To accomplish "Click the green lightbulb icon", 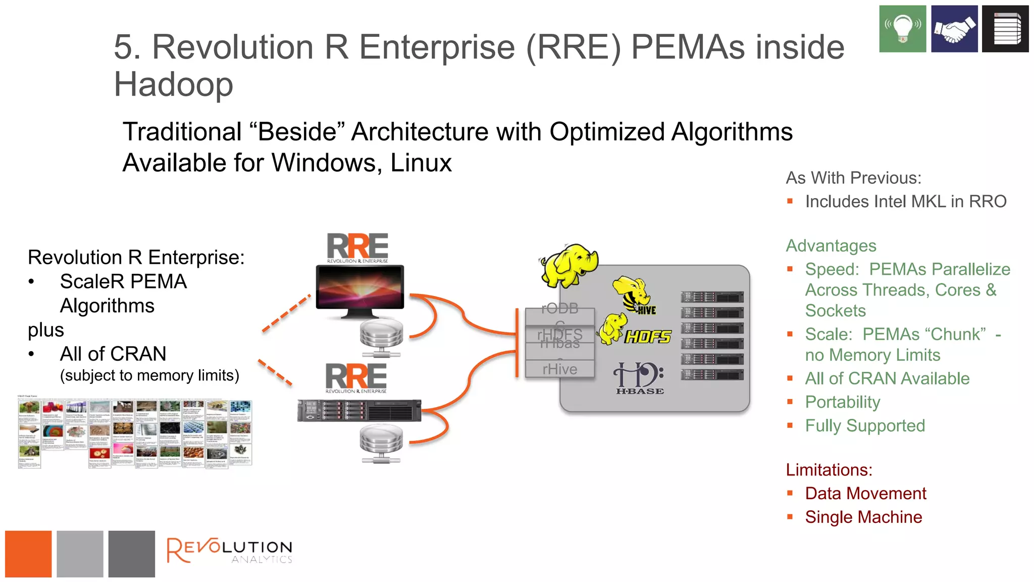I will coord(902,29).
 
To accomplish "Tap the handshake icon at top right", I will coord(954,29).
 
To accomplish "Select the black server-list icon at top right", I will coord(1005,29).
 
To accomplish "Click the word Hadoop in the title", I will coord(173,84).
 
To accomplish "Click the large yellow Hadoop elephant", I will coord(569,265).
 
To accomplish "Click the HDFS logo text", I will coord(648,336).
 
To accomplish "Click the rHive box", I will coord(559,369).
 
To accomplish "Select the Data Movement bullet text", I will coord(865,493).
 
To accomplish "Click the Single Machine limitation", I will coord(863,517).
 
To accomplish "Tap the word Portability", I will coord(842,402).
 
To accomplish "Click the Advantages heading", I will coord(831,246).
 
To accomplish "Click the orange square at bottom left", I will coord(28,554).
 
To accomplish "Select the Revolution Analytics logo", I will coord(230,551).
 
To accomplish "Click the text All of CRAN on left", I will coord(113,354).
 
